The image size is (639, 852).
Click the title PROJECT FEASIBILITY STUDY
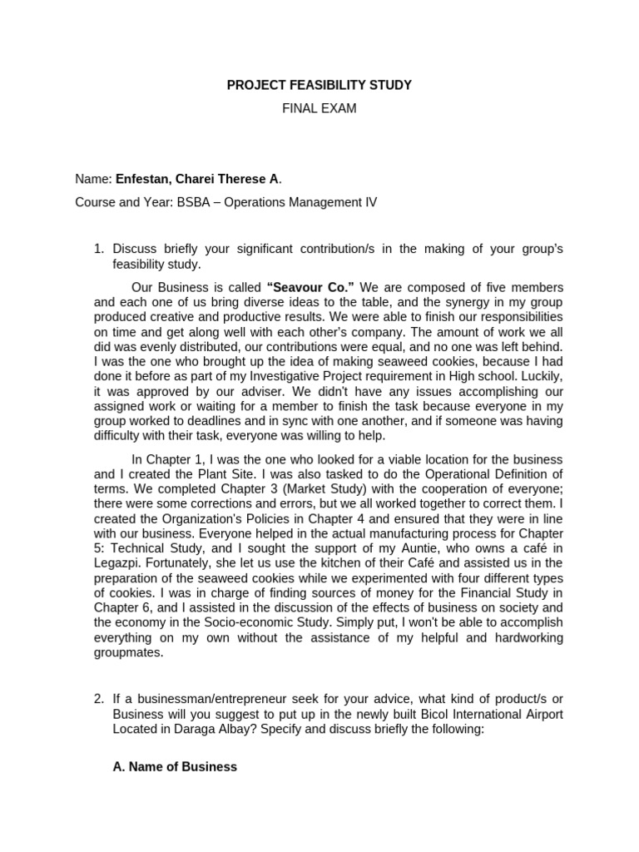click(319, 85)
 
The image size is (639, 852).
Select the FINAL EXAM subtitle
click(319, 109)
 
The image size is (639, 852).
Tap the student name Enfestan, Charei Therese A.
click(198, 178)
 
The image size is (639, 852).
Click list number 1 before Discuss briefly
click(99, 248)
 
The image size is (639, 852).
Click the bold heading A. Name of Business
click(175, 766)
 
